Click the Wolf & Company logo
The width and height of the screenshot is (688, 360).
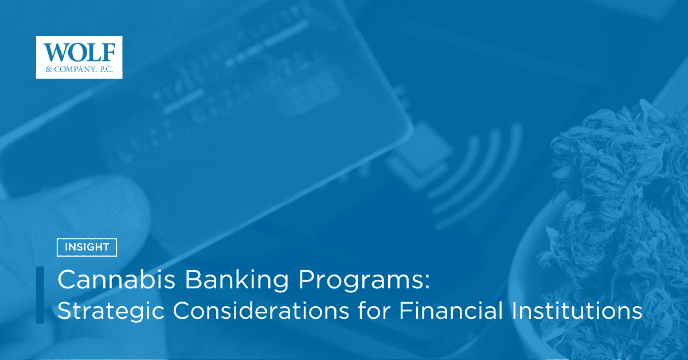tap(79, 57)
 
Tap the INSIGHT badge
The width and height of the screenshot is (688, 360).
tap(87, 248)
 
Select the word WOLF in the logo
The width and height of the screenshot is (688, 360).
tap(79, 53)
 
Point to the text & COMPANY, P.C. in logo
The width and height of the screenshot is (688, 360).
tap(79, 69)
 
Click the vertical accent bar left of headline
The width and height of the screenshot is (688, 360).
tap(40, 295)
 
